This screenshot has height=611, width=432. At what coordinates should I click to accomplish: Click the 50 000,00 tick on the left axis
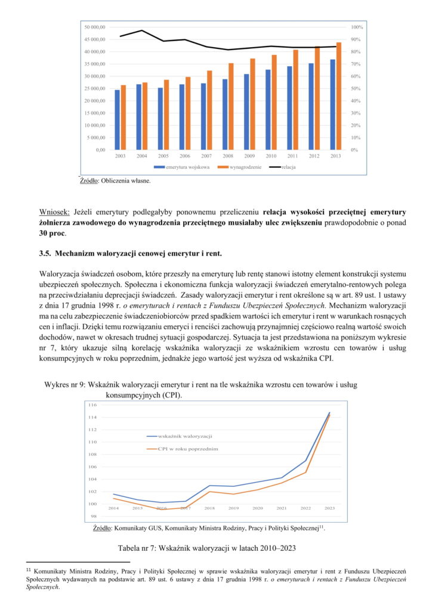point(95,27)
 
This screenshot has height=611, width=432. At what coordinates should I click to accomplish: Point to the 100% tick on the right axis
point(357,27)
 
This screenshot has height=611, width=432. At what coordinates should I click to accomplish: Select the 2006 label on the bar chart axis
point(185,156)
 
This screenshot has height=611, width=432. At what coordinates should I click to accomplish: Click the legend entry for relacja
point(289,167)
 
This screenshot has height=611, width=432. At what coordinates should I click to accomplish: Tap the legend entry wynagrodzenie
point(242,167)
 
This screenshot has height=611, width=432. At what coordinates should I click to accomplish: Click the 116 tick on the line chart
point(92,405)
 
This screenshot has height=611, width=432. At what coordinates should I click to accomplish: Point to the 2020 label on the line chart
point(258,508)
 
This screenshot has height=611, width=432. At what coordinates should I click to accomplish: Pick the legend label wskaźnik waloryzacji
point(188,437)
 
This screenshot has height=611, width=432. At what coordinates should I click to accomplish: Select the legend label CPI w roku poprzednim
point(188,448)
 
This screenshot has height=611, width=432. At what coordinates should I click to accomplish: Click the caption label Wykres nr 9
point(65,385)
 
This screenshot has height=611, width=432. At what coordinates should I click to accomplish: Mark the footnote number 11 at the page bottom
point(29,570)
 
